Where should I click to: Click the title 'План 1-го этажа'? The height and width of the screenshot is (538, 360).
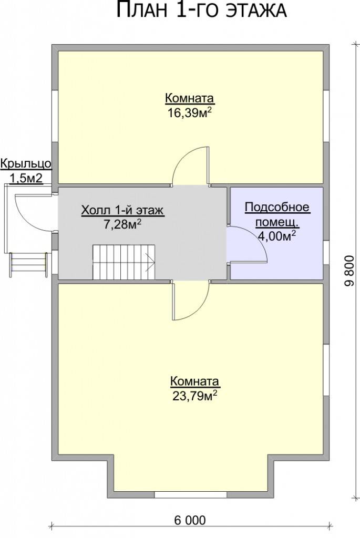(201, 9)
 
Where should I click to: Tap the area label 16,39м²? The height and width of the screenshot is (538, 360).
(189, 112)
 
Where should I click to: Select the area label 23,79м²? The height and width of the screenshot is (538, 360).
(194, 396)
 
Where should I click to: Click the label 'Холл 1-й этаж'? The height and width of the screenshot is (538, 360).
(122, 210)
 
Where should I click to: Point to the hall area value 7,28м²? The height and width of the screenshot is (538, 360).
(122, 224)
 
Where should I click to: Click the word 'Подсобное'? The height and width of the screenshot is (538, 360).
(277, 207)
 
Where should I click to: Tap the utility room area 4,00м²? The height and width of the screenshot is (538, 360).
(277, 236)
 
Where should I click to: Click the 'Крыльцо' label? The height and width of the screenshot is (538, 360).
(26, 164)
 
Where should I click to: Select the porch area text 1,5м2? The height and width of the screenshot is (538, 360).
(26, 179)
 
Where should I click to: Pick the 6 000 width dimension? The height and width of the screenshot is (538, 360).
(190, 520)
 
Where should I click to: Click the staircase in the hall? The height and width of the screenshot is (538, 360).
(124, 262)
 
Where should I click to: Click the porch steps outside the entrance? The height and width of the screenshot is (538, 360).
(29, 264)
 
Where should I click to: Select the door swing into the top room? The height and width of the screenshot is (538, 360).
(190, 166)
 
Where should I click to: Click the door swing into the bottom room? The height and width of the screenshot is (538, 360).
(190, 300)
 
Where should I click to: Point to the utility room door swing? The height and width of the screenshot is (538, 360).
(246, 244)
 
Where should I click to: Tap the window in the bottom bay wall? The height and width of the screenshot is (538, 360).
(190, 494)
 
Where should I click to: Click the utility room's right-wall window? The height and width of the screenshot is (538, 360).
(326, 252)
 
